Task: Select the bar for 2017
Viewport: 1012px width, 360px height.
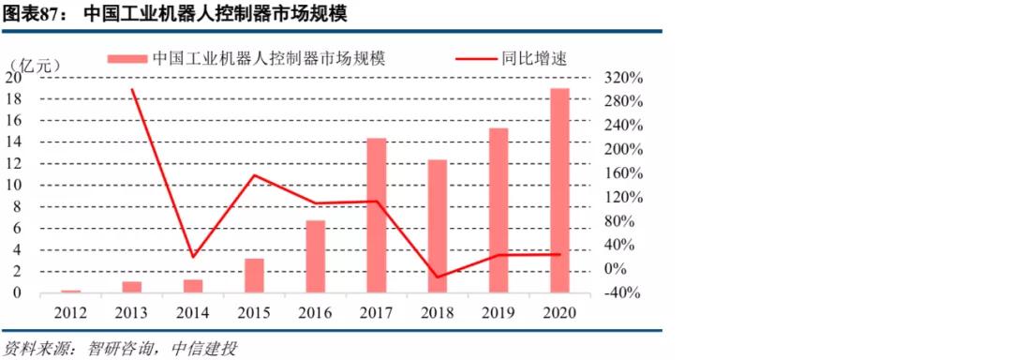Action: [x=377, y=216]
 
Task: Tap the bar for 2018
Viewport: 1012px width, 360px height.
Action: [x=438, y=226]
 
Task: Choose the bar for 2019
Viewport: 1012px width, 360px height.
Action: [x=499, y=210]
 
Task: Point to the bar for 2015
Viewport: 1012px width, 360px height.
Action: [x=255, y=275]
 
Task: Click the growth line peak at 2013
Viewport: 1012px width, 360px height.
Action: [x=132, y=90]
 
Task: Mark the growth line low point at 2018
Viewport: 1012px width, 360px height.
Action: [x=438, y=277]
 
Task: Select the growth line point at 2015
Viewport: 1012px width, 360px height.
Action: [x=255, y=175]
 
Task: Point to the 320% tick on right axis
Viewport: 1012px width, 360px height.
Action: [x=620, y=78]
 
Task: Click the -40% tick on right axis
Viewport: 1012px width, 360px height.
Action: [x=620, y=292]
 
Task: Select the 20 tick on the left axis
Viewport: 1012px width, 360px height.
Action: [x=13, y=78]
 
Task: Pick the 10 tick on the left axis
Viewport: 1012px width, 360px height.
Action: [x=13, y=185]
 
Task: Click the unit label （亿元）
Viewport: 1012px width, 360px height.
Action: [x=35, y=65]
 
